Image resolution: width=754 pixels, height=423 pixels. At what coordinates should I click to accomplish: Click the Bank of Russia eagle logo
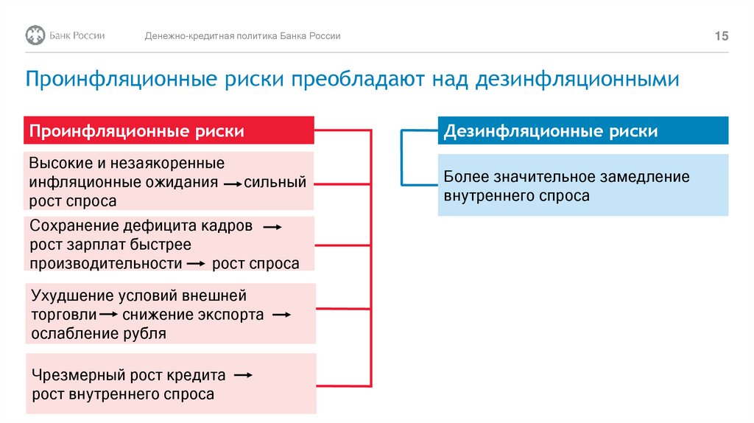point(35,35)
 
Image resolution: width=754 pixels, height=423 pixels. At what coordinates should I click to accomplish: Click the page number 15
point(721,36)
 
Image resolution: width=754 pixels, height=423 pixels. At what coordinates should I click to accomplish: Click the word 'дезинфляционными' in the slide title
point(577,79)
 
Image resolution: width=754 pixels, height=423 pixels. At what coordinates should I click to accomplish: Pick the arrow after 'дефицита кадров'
point(272,228)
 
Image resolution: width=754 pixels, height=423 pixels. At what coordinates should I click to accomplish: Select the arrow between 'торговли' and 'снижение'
point(109,315)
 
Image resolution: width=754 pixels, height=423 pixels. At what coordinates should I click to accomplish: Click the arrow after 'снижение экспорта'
point(281,315)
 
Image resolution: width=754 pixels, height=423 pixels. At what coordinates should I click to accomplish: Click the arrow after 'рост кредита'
point(242,375)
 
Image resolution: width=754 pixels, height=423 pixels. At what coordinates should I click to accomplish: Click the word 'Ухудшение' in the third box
point(71,296)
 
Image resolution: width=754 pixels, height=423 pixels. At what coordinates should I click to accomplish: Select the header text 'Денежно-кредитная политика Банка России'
point(242,36)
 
